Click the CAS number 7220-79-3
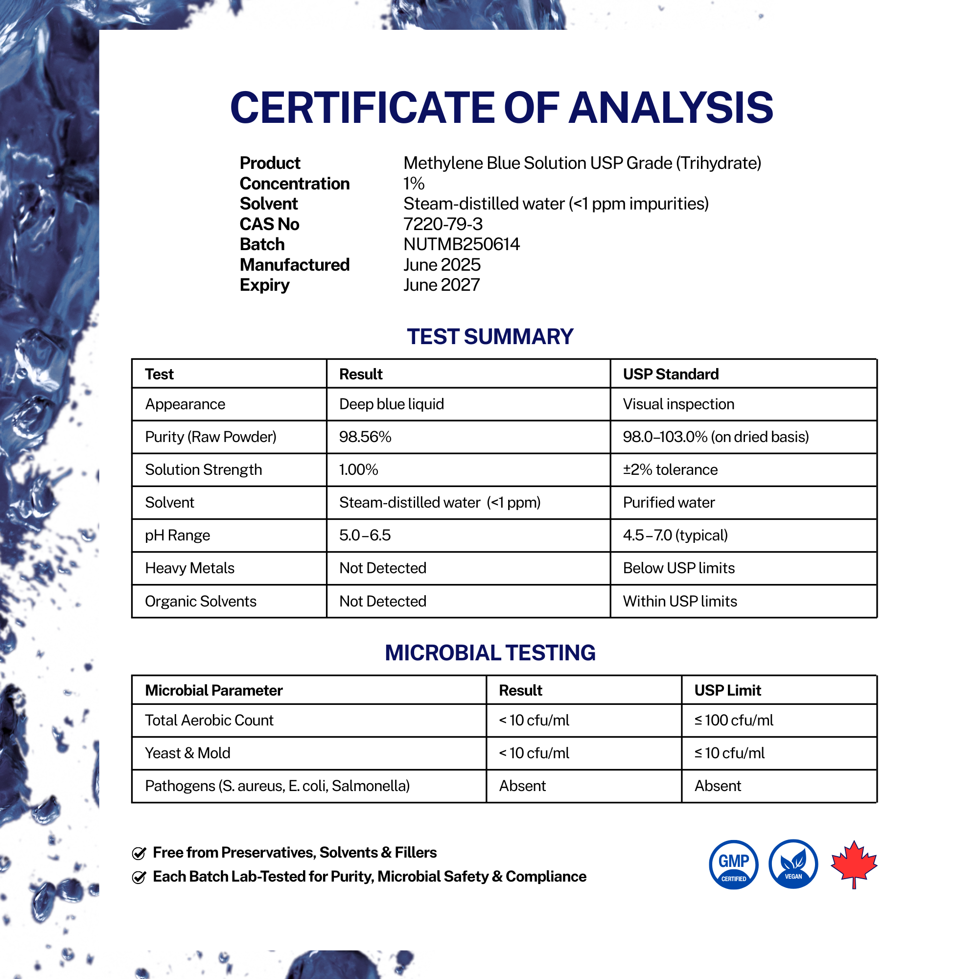(x=443, y=224)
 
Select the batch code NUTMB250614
(x=461, y=244)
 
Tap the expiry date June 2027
(x=441, y=285)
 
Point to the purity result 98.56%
(x=365, y=437)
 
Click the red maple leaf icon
(x=854, y=863)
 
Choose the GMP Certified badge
(x=733, y=864)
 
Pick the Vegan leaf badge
(x=793, y=864)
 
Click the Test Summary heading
(x=489, y=337)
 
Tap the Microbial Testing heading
(x=489, y=653)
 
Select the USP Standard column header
(x=671, y=374)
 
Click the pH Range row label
(x=177, y=535)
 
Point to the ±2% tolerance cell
(x=670, y=470)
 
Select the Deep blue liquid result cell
(x=391, y=404)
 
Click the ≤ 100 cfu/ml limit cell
(x=733, y=720)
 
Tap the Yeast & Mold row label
(x=187, y=753)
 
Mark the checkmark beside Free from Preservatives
(x=139, y=853)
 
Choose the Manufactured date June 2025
(x=442, y=264)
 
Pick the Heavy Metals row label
(x=189, y=568)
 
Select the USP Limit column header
(x=727, y=690)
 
